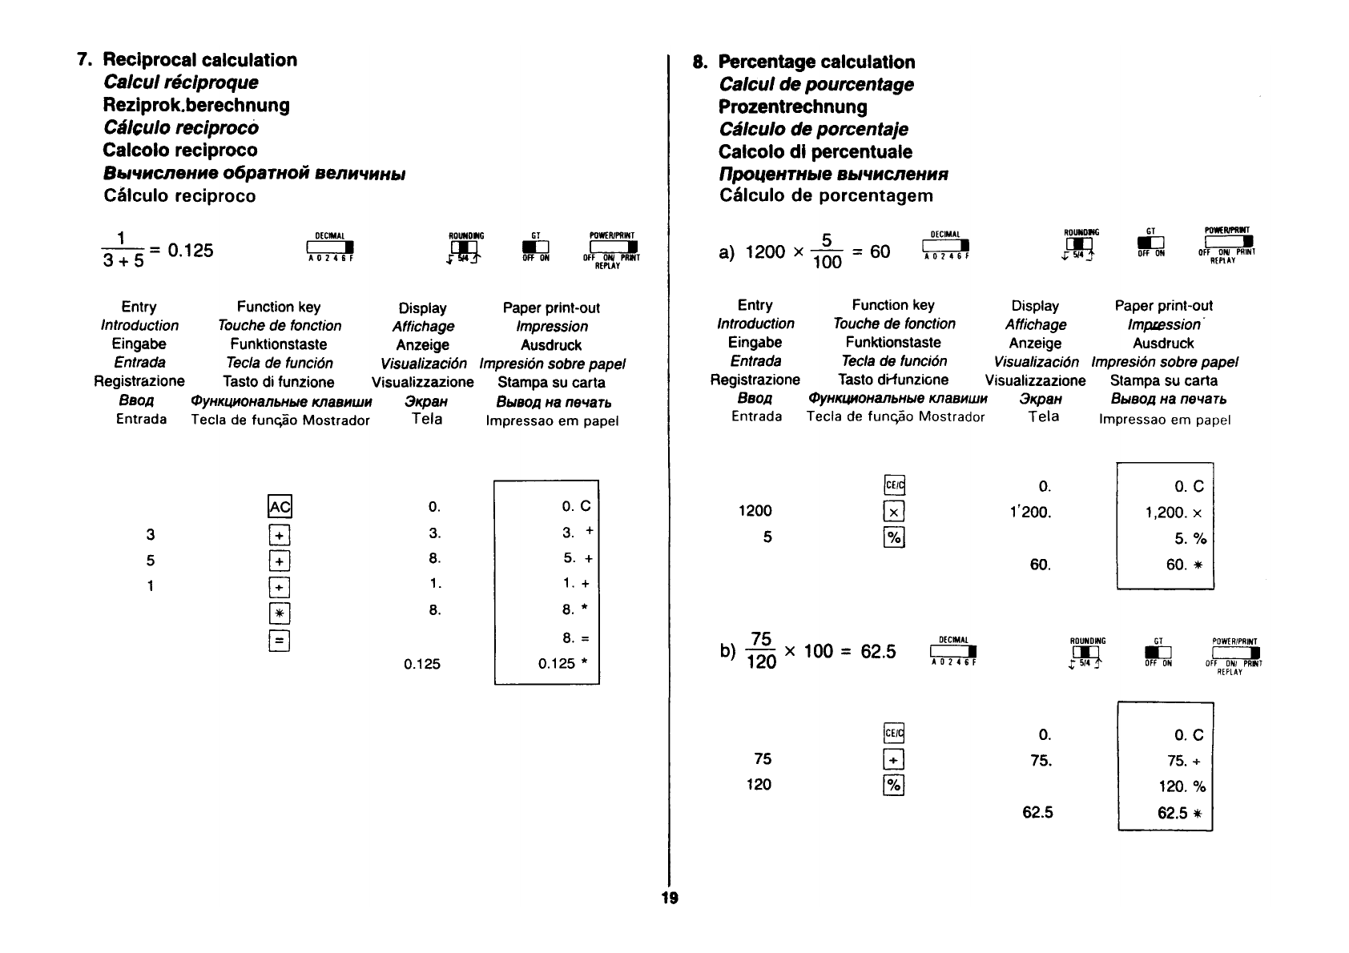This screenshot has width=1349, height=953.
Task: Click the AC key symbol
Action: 279,507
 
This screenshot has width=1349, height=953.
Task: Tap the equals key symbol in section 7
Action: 279,640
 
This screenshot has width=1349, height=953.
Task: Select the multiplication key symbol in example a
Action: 894,512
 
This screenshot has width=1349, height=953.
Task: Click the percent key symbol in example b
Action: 893,786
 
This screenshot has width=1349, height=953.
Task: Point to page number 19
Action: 669,898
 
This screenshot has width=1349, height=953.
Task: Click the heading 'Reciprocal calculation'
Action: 199,60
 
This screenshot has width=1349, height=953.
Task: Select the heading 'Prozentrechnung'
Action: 792,107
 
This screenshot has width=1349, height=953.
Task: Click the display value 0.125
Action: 422,664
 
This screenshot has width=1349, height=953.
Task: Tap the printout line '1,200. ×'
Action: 1174,513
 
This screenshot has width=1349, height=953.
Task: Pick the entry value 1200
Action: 755,511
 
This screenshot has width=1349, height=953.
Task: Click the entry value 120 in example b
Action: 759,785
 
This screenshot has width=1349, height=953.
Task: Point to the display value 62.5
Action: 1037,813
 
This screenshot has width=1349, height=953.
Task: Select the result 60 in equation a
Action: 880,252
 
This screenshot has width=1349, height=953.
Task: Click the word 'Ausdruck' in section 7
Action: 551,345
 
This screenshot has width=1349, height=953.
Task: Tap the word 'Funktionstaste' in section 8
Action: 893,343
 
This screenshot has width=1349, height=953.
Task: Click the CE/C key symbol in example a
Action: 894,485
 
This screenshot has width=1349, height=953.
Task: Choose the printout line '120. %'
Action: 1182,786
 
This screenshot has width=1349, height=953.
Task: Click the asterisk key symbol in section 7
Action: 279,613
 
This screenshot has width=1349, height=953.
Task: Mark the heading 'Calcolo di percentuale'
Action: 815,152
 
